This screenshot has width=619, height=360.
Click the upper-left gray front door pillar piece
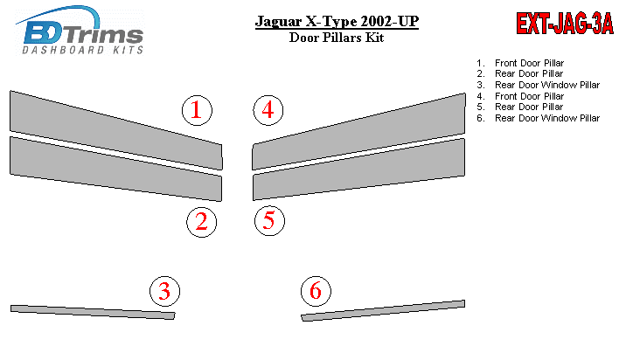(115, 130)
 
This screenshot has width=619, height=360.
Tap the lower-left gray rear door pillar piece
(115, 168)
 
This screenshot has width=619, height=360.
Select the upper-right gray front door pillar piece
(359, 132)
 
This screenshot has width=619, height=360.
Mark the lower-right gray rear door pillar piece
(359, 170)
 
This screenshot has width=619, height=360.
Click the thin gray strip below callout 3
(93, 312)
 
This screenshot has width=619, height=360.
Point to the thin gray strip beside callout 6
(383, 311)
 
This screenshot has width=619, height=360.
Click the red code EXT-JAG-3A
(565, 24)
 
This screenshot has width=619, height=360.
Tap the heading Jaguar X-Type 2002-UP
(337, 21)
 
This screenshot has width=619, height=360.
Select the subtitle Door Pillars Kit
(337, 38)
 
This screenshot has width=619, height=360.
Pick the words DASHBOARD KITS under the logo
(82, 50)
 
